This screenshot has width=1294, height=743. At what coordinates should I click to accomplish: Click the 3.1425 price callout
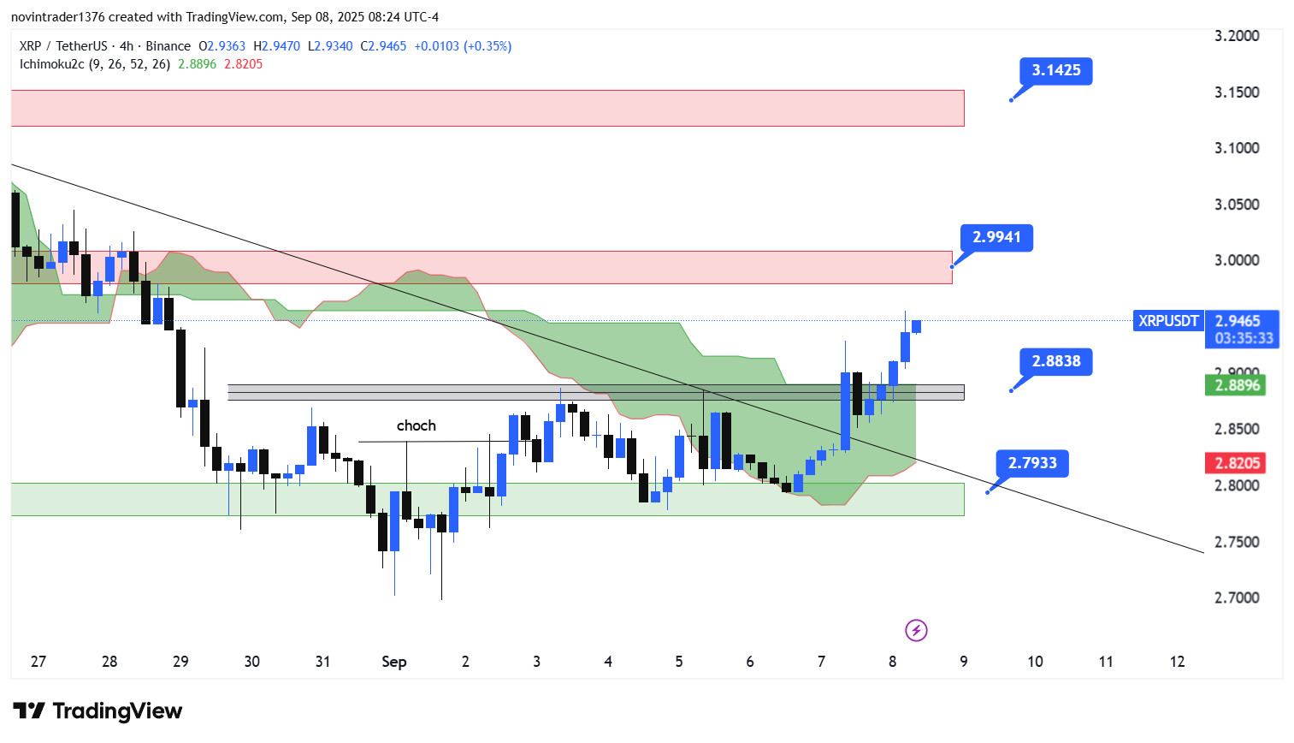tap(1055, 70)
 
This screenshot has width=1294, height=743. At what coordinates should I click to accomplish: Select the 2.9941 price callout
tap(996, 237)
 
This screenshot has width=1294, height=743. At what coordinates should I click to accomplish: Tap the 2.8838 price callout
tap(1055, 361)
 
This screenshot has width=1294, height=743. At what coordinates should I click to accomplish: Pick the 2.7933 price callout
tap(1031, 463)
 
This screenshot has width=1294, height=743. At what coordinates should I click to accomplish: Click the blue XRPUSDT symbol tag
tap(1168, 321)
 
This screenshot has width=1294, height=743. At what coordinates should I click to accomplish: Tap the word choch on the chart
tap(417, 425)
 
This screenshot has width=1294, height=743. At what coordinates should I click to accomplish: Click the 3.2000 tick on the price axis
tap(1237, 36)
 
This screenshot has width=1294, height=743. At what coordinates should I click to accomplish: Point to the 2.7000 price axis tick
tap(1237, 597)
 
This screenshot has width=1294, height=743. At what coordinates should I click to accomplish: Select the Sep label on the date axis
tap(393, 662)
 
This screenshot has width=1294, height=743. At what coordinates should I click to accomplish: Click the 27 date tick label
tap(38, 662)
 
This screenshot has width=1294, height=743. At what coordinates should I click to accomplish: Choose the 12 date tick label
tap(1177, 662)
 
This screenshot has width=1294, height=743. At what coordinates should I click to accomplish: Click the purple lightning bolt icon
tap(916, 631)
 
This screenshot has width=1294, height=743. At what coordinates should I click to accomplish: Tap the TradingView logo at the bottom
tap(97, 711)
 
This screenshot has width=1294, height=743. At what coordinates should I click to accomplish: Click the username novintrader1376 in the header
tap(57, 17)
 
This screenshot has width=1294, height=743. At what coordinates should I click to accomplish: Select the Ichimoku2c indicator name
tap(52, 64)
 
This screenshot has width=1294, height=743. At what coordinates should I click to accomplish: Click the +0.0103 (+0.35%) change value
tap(463, 46)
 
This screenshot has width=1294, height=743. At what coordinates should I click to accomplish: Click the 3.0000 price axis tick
tap(1237, 260)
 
